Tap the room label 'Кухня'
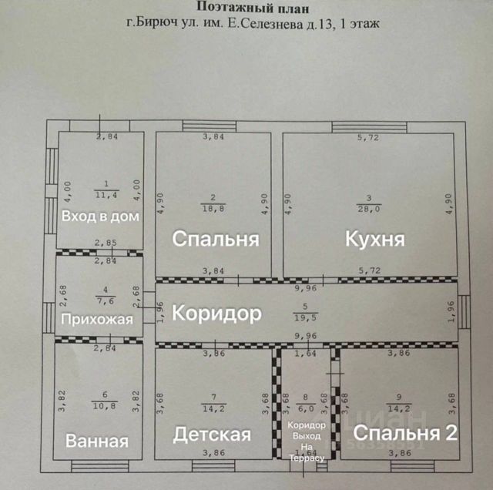point(375,239)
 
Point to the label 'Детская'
point(212,435)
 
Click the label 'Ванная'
point(97,441)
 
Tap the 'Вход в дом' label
point(100,216)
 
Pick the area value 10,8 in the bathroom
point(101,404)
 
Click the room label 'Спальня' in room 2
point(215,239)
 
